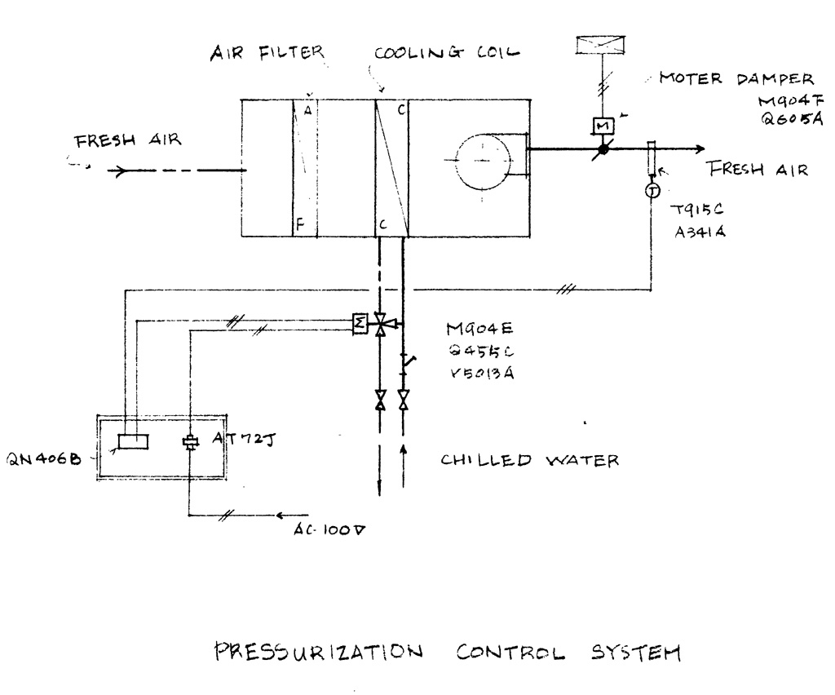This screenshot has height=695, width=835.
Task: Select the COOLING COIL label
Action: [447, 53]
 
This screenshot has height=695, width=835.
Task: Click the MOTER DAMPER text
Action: [736, 79]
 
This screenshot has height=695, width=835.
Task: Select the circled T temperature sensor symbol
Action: [652, 191]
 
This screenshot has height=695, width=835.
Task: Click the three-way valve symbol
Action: [380, 325]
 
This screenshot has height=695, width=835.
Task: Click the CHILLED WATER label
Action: [530, 460]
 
